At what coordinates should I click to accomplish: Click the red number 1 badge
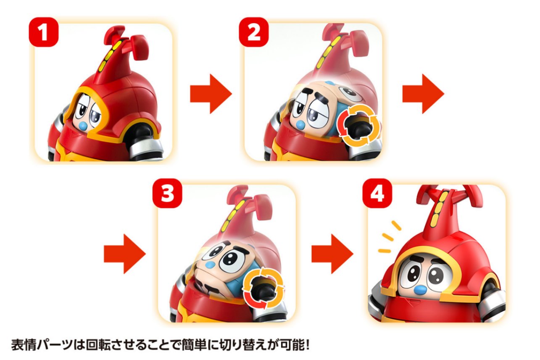pos(44,32)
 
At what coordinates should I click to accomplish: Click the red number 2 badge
pos(254,32)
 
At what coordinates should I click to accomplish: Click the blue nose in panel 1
pos(83,126)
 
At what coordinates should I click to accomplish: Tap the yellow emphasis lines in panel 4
pos(390,238)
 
